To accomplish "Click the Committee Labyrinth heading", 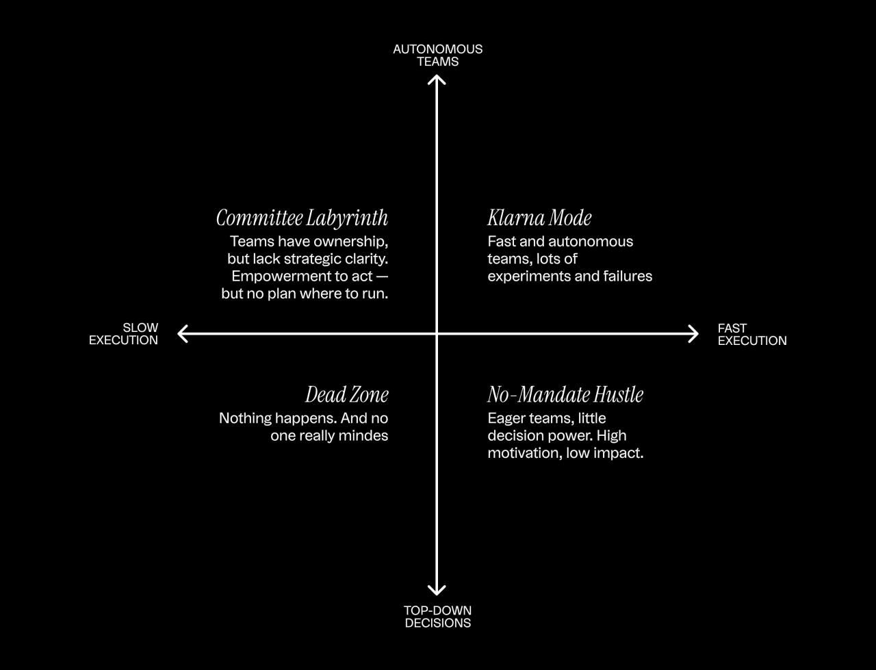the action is pyautogui.click(x=302, y=218).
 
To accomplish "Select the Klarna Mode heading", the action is pyautogui.click(x=539, y=218).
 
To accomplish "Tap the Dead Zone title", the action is pyautogui.click(x=346, y=395).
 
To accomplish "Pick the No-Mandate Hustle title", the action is pyautogui.click(x=565, y=395).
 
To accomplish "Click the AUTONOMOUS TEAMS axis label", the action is pyautogui.click(x=437, y=55).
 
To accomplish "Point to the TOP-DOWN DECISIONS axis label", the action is pyautogui.click(x=437, y=617).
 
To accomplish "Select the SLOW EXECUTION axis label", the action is pyautogui.click(x=124, y=334).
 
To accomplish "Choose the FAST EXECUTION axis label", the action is pyautogui.click(x=751, y=335).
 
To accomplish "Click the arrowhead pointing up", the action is pyautogui.click(x=437, y=79).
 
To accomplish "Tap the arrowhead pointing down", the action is pyautogui.click(x=437, y=590).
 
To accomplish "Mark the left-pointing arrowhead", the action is pyautogui.click(x=182, y=334).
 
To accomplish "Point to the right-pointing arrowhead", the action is pyautogui.click(x=693, y=334).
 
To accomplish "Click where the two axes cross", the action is pyautogui.click(x=437, y=334).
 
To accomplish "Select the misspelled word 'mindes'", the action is pyautogui.click(x=367, y=436).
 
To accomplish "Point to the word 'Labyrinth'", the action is pyautogui.click(x=346, y=218).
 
